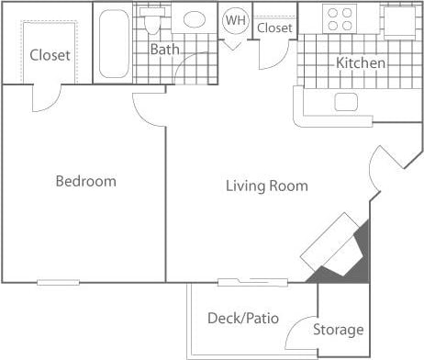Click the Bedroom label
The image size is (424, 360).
[x=85, y=181]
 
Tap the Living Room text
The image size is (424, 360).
[x=266, y=186]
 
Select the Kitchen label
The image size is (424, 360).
[x=361, y=63]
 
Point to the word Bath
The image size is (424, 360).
[x=164, y=50]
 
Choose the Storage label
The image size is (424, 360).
[x=339, y=330]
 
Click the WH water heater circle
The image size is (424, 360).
[x=236, y=20]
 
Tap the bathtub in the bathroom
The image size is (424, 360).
[x=115, y=43]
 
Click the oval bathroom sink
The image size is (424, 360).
[x=194, y=20]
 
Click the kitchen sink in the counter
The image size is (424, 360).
[x=348, y=101]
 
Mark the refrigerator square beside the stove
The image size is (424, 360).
[x=399, y=20]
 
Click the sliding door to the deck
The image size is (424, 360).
[x=250, y=281]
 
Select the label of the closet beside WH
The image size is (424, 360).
[x=274, y=28]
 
